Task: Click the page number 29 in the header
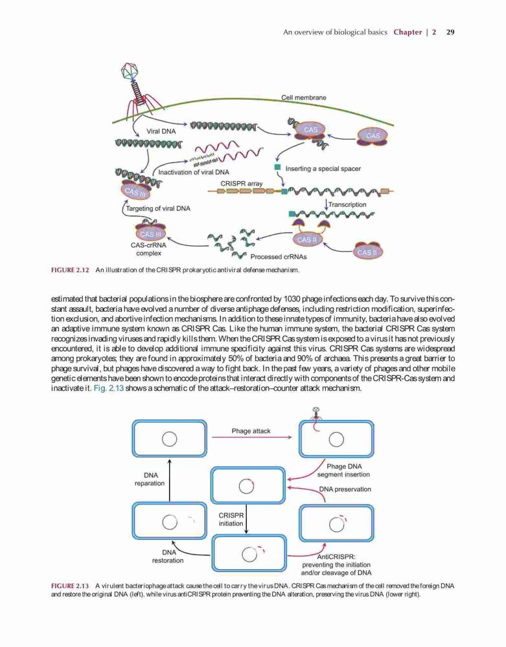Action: pos(451,32)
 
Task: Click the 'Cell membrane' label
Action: pos(304,98)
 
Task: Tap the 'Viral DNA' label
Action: pos(161,131)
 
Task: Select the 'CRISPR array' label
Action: pos(241,183)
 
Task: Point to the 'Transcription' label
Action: pos(347,204)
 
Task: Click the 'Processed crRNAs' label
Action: pos(279,257)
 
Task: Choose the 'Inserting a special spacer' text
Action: pos(323,169)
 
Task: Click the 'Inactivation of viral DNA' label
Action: pos(194,172)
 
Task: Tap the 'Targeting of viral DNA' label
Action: pos(158,208)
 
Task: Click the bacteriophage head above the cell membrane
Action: pos(130,71)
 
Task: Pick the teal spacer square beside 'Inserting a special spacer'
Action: pos(278,168)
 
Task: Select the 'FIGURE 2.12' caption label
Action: pos(70,270)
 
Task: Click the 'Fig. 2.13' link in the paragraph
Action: pos(109,388)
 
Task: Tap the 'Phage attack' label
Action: pos(251,431)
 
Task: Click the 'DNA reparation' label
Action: pos(150,479)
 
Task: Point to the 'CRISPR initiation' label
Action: pos(231,520)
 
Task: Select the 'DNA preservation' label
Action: pos(345,489)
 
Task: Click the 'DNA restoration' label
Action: pos(168,556)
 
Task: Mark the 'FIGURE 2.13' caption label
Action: pos(70,586)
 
